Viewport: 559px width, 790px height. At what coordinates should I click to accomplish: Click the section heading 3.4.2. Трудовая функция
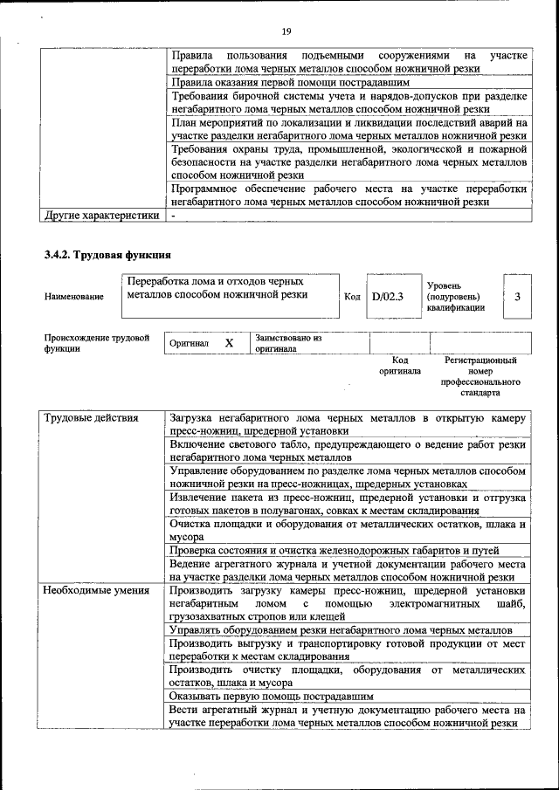106,256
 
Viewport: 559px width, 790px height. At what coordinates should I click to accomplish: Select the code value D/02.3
387,297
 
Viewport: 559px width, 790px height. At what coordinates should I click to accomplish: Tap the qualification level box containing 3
517,297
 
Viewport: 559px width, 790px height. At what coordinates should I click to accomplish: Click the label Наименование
72,297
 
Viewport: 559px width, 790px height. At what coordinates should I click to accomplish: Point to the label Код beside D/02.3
352,297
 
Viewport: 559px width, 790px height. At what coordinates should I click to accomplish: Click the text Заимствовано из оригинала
288,343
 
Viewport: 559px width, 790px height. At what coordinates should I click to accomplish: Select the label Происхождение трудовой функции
96,343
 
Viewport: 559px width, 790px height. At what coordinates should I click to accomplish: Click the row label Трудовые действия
92,418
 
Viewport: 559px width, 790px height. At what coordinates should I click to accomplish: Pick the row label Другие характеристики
101,215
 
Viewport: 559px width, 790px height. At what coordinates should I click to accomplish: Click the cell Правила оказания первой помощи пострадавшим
284,83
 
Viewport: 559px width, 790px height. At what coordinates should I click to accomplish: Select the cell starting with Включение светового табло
348,450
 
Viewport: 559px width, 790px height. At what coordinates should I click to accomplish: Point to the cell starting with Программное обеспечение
348,195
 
